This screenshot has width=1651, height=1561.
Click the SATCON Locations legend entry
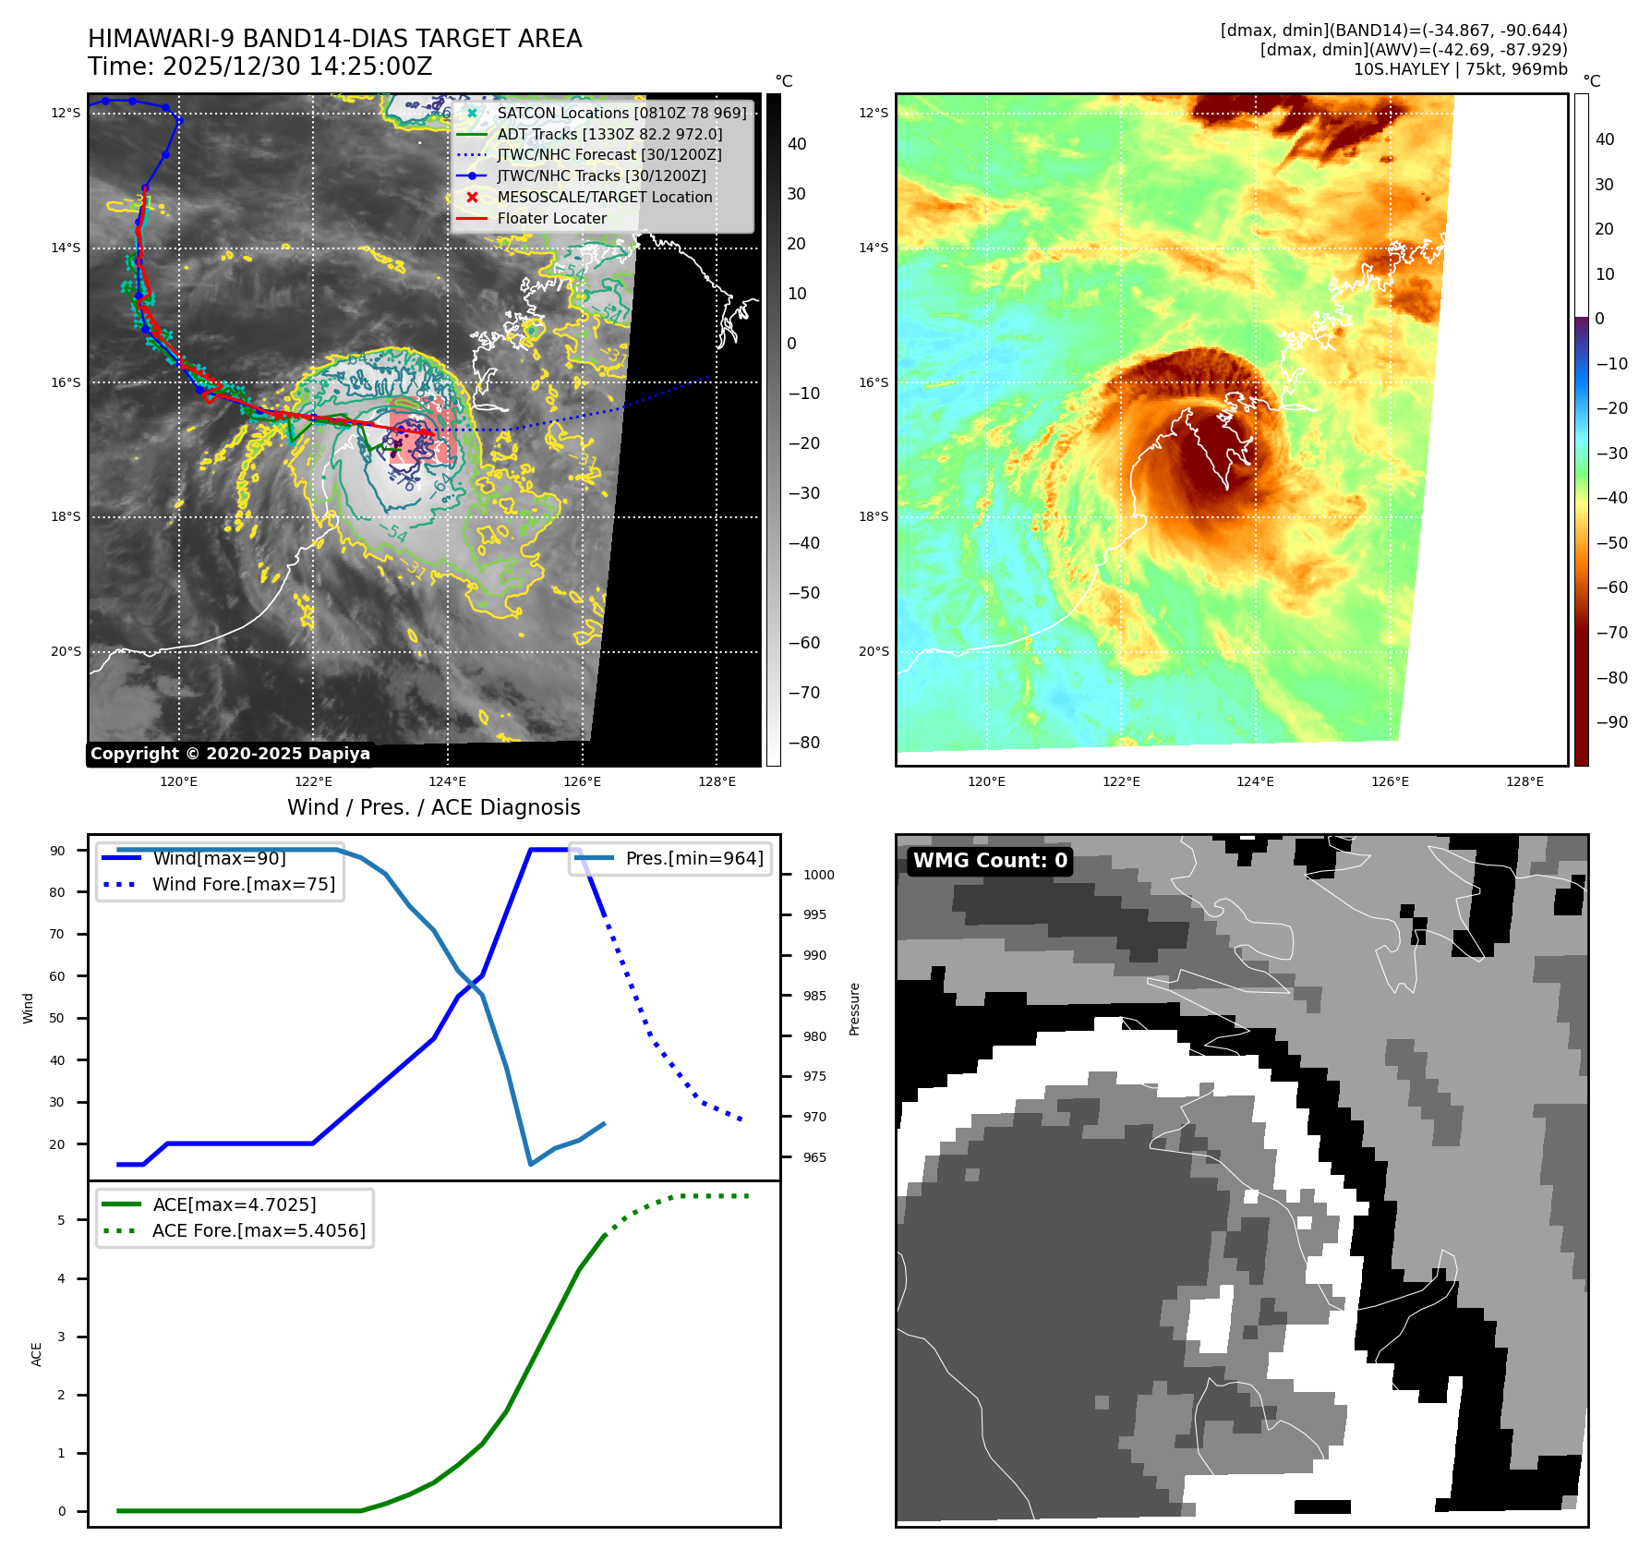[x=621, y=114]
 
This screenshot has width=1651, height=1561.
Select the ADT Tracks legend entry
[x=609, y=135]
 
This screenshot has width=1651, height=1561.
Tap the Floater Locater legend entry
[x=551, y=219]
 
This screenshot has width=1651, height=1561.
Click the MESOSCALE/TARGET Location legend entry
[x=604, y=198]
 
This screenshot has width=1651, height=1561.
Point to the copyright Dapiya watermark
[x=230, y=754]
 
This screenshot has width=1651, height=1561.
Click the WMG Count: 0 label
[x=990, y=861]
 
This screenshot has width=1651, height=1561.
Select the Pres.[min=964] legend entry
[x=693, y=859]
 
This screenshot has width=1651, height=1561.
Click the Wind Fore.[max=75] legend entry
[x=243, y=885]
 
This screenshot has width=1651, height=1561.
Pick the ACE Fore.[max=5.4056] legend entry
[x=259, y=1231]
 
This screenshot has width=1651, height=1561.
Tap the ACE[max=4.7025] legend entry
[x=234, y=1205]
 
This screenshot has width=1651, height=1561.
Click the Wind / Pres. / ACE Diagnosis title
[x=434, y=808]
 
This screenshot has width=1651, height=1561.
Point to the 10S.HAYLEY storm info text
[x=1460, y=70]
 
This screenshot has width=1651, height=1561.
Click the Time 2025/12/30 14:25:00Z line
[x=260, y=67]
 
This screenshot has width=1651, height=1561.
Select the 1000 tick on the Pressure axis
[x=818, y=876]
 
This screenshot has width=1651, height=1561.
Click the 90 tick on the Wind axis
[x=58, y=851]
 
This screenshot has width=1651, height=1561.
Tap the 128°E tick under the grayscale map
[x=717, y=782]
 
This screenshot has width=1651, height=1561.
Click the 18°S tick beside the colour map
[x=874, y=517]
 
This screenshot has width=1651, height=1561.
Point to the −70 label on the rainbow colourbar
[x=1611, y=633]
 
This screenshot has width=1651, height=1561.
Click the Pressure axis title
[x=855, y=1009]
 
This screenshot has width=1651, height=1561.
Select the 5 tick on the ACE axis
[x=62, y=1220]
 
